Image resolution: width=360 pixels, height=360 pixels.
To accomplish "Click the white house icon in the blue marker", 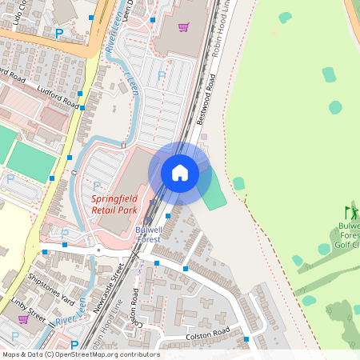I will (x=180, y=172).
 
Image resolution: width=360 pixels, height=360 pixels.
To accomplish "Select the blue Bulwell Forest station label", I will (x=147, y=234).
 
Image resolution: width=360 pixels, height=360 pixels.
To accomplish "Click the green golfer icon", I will (x=350, y=213).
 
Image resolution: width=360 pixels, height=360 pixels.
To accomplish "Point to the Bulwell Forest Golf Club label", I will (x=349, y=235).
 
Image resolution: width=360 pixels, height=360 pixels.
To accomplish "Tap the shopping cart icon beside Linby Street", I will (x=23, y=318).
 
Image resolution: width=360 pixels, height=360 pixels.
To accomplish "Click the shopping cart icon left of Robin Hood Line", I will (x=183, y=27).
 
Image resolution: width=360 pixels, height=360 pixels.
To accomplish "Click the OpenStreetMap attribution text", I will (x=80, y=354).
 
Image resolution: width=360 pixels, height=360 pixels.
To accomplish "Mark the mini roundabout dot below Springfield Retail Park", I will (x=98, y=250).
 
